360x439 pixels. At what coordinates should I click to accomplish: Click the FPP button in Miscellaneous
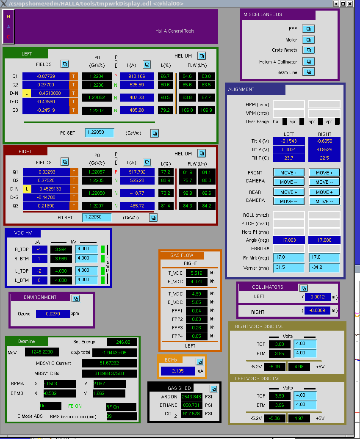pyautogui.click(x=308, y=29)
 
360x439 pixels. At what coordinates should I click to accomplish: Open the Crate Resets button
pyautogui.click(x=308, y=50)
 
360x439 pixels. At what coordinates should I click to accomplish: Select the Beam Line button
pyautogui.click(x=308, y=72)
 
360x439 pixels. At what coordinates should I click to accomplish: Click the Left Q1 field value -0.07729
pyautogui.click(x=46, y=76)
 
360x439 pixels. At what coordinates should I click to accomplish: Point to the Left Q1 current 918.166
pyautogui.click(x=137, y=76)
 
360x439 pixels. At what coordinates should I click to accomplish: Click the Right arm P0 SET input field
pyautogui.click(x=97, y=217)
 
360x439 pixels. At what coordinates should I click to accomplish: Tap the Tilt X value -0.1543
pyautogui.click(x=289, y=141)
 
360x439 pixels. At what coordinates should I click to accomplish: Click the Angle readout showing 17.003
pyautogui.click(x=289, y=240)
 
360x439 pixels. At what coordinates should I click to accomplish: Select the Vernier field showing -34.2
pyautogui.click(x=324, y=268)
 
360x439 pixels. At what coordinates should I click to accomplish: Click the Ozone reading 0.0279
pyautogui.click(x=53, y=314)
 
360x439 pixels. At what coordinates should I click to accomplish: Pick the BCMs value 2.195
pyautogui.click(x=178, y=371)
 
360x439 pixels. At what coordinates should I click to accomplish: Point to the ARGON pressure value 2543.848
pyautogui.click(x=191, y=397)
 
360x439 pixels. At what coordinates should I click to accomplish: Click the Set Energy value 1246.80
pyautogui.click(x=122, y=342)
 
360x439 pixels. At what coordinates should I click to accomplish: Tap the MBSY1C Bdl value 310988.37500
pyautogui.click(x=109, y=373)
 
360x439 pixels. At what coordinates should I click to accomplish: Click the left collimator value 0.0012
pyautogui.click(x=317, y=297)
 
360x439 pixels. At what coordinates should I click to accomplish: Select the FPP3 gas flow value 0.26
pyautogui.click(x=197, y=328)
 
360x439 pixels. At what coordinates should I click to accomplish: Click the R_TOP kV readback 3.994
pyautogui.click(x=61, y=249)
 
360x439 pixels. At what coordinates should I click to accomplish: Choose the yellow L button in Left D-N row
pyautogui.click(x=27, y=93)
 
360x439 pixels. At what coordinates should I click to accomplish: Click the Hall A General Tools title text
pyautogui.click(x=175, y=31)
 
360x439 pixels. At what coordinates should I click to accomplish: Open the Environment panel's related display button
pyautogui.click(x=76, y=298)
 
